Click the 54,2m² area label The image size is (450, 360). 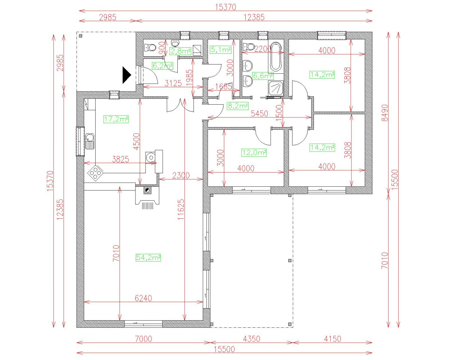pos(148,258)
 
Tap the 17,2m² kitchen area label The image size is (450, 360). pos(116,119)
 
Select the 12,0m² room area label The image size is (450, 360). pos(254,153)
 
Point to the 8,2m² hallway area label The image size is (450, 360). pos(238,106)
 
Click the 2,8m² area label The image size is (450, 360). pos(180,51)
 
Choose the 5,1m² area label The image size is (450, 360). pos(220,50)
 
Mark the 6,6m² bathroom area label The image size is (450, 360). pos(263,76)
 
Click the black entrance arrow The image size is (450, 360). pos(127,75)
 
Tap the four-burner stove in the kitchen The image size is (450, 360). pos(95,173)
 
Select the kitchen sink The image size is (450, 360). pos(90,141)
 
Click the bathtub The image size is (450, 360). pos(276,57)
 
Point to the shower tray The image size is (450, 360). pos(276,88)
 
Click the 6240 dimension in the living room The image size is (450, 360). pos(143,298)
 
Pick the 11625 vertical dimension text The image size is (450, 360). pos(181,209)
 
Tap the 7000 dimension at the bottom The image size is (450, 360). pos(144,339)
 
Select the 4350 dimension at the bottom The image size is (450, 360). pos(252,339)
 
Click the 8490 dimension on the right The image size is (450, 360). pos(385,113)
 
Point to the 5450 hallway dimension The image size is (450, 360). pos(259,114)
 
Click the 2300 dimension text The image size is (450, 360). pos(181,175)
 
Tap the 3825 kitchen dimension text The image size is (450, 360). pos(120,159)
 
